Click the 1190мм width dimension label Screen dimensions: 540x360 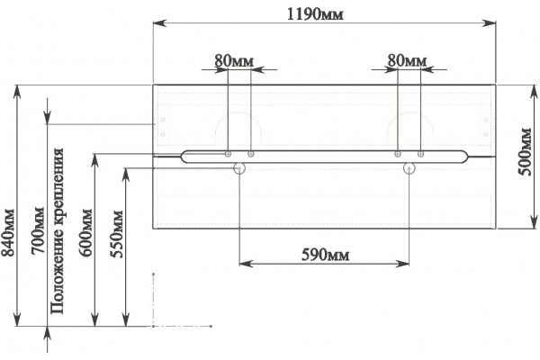click(315, 14)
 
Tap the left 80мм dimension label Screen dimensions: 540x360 click(234, 61)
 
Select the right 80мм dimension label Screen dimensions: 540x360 click(407, 60)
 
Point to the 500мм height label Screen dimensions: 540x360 click(525, 151)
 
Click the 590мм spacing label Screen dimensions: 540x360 click(325, 256)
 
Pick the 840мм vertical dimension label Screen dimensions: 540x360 click(8, 233)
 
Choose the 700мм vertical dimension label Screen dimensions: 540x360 click(38, 230)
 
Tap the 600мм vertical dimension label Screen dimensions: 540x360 click(85, 232)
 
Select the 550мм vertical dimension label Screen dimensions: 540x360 click(116, 234)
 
